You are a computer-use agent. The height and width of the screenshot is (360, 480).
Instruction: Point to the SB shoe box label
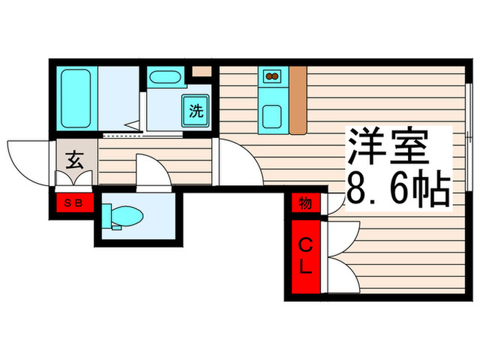[x=71, y=202]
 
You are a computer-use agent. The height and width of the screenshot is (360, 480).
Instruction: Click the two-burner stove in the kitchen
[x=270, y=75]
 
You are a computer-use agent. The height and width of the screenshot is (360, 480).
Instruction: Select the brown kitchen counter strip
[x=297, y=99]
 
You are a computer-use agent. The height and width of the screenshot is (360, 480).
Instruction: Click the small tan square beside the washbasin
[x=201, y=71]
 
